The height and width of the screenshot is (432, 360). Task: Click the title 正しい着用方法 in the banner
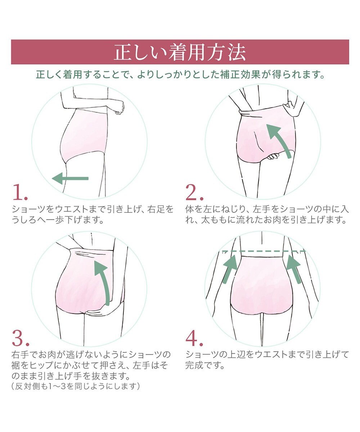tap(180, 52)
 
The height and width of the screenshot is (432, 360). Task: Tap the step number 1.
tap(20, 192)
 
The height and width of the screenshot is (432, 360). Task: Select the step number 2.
tap(194, 192)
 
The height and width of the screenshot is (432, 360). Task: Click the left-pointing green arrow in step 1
tap(70, 178)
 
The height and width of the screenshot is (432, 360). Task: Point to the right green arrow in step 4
tap(294, 269)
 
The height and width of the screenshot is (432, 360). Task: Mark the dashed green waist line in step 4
tap(264, 251)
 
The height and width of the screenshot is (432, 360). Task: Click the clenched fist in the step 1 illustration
tap(120, 107)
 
